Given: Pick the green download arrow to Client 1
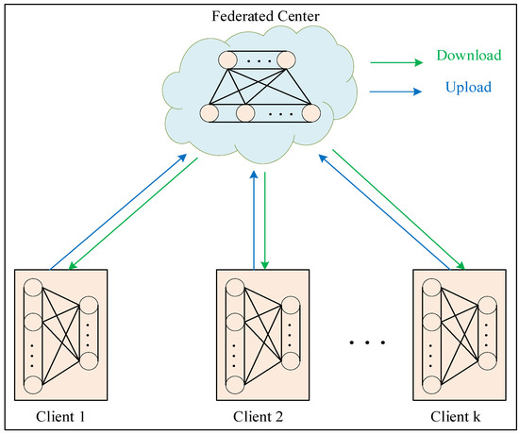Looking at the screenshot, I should pos(132,216).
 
